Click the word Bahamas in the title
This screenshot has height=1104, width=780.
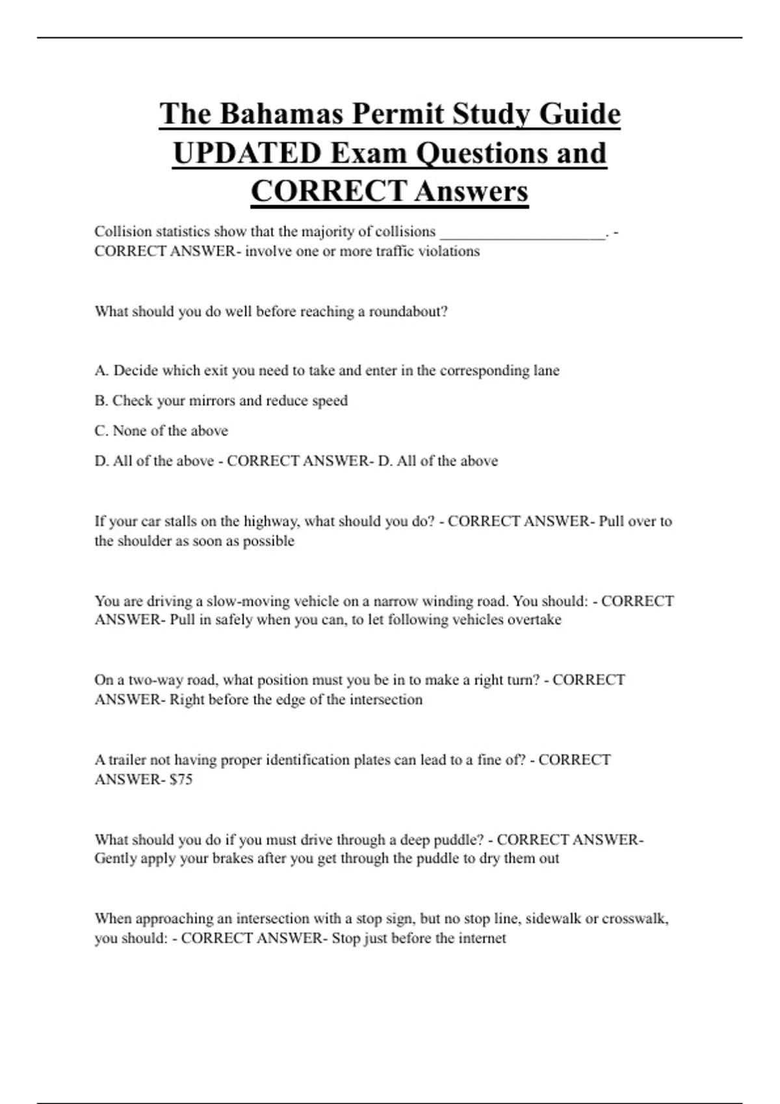click(x=281, y=114)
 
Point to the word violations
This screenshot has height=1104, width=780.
click(x=448, y=251)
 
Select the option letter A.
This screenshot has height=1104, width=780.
click(x=101, y=371)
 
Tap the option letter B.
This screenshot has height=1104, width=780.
click(x=101, y=401)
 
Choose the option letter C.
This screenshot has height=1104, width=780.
click(x=101, y=431)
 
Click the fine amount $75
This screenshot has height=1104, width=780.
click(x=181, y=780)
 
